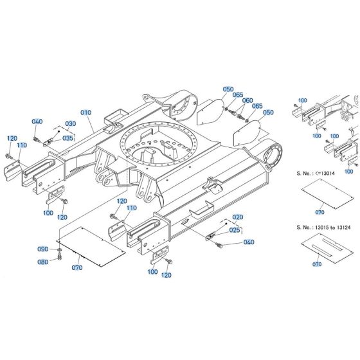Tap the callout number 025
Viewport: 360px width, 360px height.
click(x=235, y=230)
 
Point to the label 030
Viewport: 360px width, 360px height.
click(x=71, y=124)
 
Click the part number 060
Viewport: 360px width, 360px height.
click(x=248, y=100)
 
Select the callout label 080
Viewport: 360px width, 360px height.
click(x=42, y=261)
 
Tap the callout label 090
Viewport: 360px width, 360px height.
click(x=42, y=249)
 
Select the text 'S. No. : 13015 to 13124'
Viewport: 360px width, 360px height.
click(x=325, y=227)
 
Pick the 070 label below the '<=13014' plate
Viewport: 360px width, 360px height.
click(x=319, y=211)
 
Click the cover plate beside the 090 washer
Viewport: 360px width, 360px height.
click(x=96, y=243)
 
